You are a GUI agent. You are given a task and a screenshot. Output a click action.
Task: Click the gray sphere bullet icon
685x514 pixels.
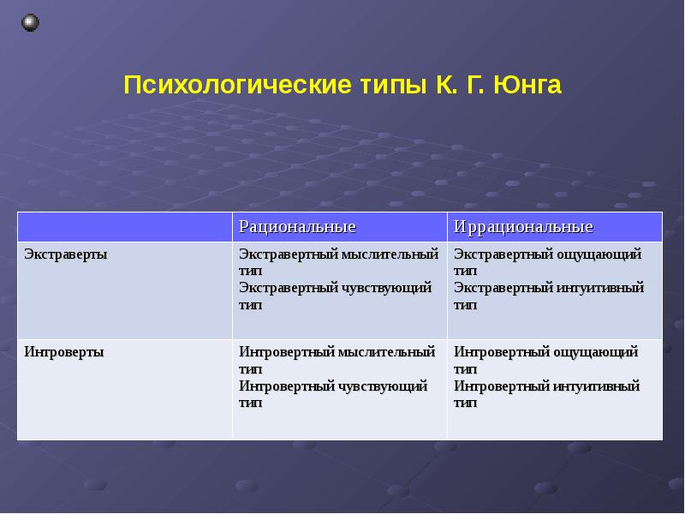[30, 23]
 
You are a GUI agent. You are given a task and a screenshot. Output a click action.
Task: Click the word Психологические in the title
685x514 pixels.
[237, 85]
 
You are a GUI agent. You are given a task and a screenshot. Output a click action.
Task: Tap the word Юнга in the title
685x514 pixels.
[527, 85]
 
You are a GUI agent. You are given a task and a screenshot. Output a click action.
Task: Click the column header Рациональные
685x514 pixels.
[297, 227]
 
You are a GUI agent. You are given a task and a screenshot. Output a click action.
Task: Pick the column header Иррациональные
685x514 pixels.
[523, 227]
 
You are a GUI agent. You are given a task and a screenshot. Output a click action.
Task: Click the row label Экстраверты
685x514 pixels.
[66, 254]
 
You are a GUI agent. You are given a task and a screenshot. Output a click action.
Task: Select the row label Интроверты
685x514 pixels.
[63, 352]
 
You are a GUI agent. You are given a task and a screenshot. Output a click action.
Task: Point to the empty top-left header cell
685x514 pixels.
[125, 227]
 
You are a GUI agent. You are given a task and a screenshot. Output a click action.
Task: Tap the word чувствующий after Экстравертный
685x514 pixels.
[386, 288]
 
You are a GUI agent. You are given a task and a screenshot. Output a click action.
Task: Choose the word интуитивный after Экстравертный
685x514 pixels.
[600, 288]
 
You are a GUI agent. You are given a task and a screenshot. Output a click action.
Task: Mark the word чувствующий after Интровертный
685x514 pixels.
[382, 386]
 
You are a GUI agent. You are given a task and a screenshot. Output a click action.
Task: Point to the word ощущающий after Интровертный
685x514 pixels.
[595, 352]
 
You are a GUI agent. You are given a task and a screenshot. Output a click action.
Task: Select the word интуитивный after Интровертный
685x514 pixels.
[596, 386]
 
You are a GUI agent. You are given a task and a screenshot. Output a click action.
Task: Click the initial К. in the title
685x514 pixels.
[446, 85]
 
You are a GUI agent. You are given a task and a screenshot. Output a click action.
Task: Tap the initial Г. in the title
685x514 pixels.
[475, 85]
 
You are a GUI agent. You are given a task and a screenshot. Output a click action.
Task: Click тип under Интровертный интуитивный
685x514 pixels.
[465, 403]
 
